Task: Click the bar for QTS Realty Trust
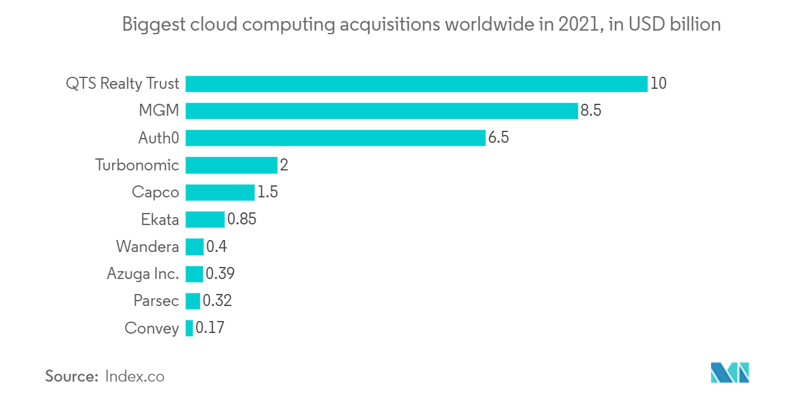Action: click(x=416, y=83)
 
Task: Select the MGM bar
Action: click(x=382, y=111)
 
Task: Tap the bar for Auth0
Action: click(x=335, y=138)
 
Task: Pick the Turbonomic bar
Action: click(x=231, y=165)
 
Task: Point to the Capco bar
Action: click(x=220, y=192)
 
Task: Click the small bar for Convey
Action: click(x=190, y=328)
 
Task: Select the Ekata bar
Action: click(x=205, y=220)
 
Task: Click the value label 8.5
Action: click(x=591, y=111)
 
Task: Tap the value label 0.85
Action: click(x=242, y=220)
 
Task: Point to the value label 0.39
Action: click(x=220, y=274)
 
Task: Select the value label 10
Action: click(x=658, y=83)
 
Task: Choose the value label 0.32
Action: click(x=217, y=301)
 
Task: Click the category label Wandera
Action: click(x=148, y=247)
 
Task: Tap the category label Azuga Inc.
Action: click(x=143, y=274)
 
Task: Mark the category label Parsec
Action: click(x=156, y=301)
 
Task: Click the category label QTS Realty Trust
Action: click(x=122, y=83)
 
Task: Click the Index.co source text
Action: click(x=134, y=376)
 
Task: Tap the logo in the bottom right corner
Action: click(x=730, y=373)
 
